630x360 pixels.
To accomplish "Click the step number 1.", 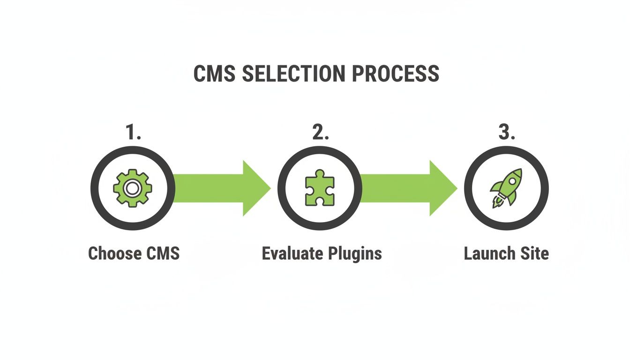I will pyautogui.click(x=133, y=133).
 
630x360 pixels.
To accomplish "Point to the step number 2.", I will pyautogui.click(x=320, y=133).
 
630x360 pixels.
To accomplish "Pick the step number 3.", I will pyautogui.click(x=507, y=133).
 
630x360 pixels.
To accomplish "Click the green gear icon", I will pyautogui.click(x=133, y=188).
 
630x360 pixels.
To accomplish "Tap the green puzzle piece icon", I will pyautogui.click(x=320, y=189).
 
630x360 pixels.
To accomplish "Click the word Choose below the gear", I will pyautogui.click(x=114, y=254).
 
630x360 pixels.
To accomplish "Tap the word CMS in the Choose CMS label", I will pyautogui.click(x=162, y=254).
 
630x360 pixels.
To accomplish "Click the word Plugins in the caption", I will pyautogui.click(x=355, y=254).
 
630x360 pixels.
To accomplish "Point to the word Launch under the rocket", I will pyautogui.click(x=488, y=254).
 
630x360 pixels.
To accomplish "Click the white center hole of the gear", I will pyautogui.click(x=133, y=188).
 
